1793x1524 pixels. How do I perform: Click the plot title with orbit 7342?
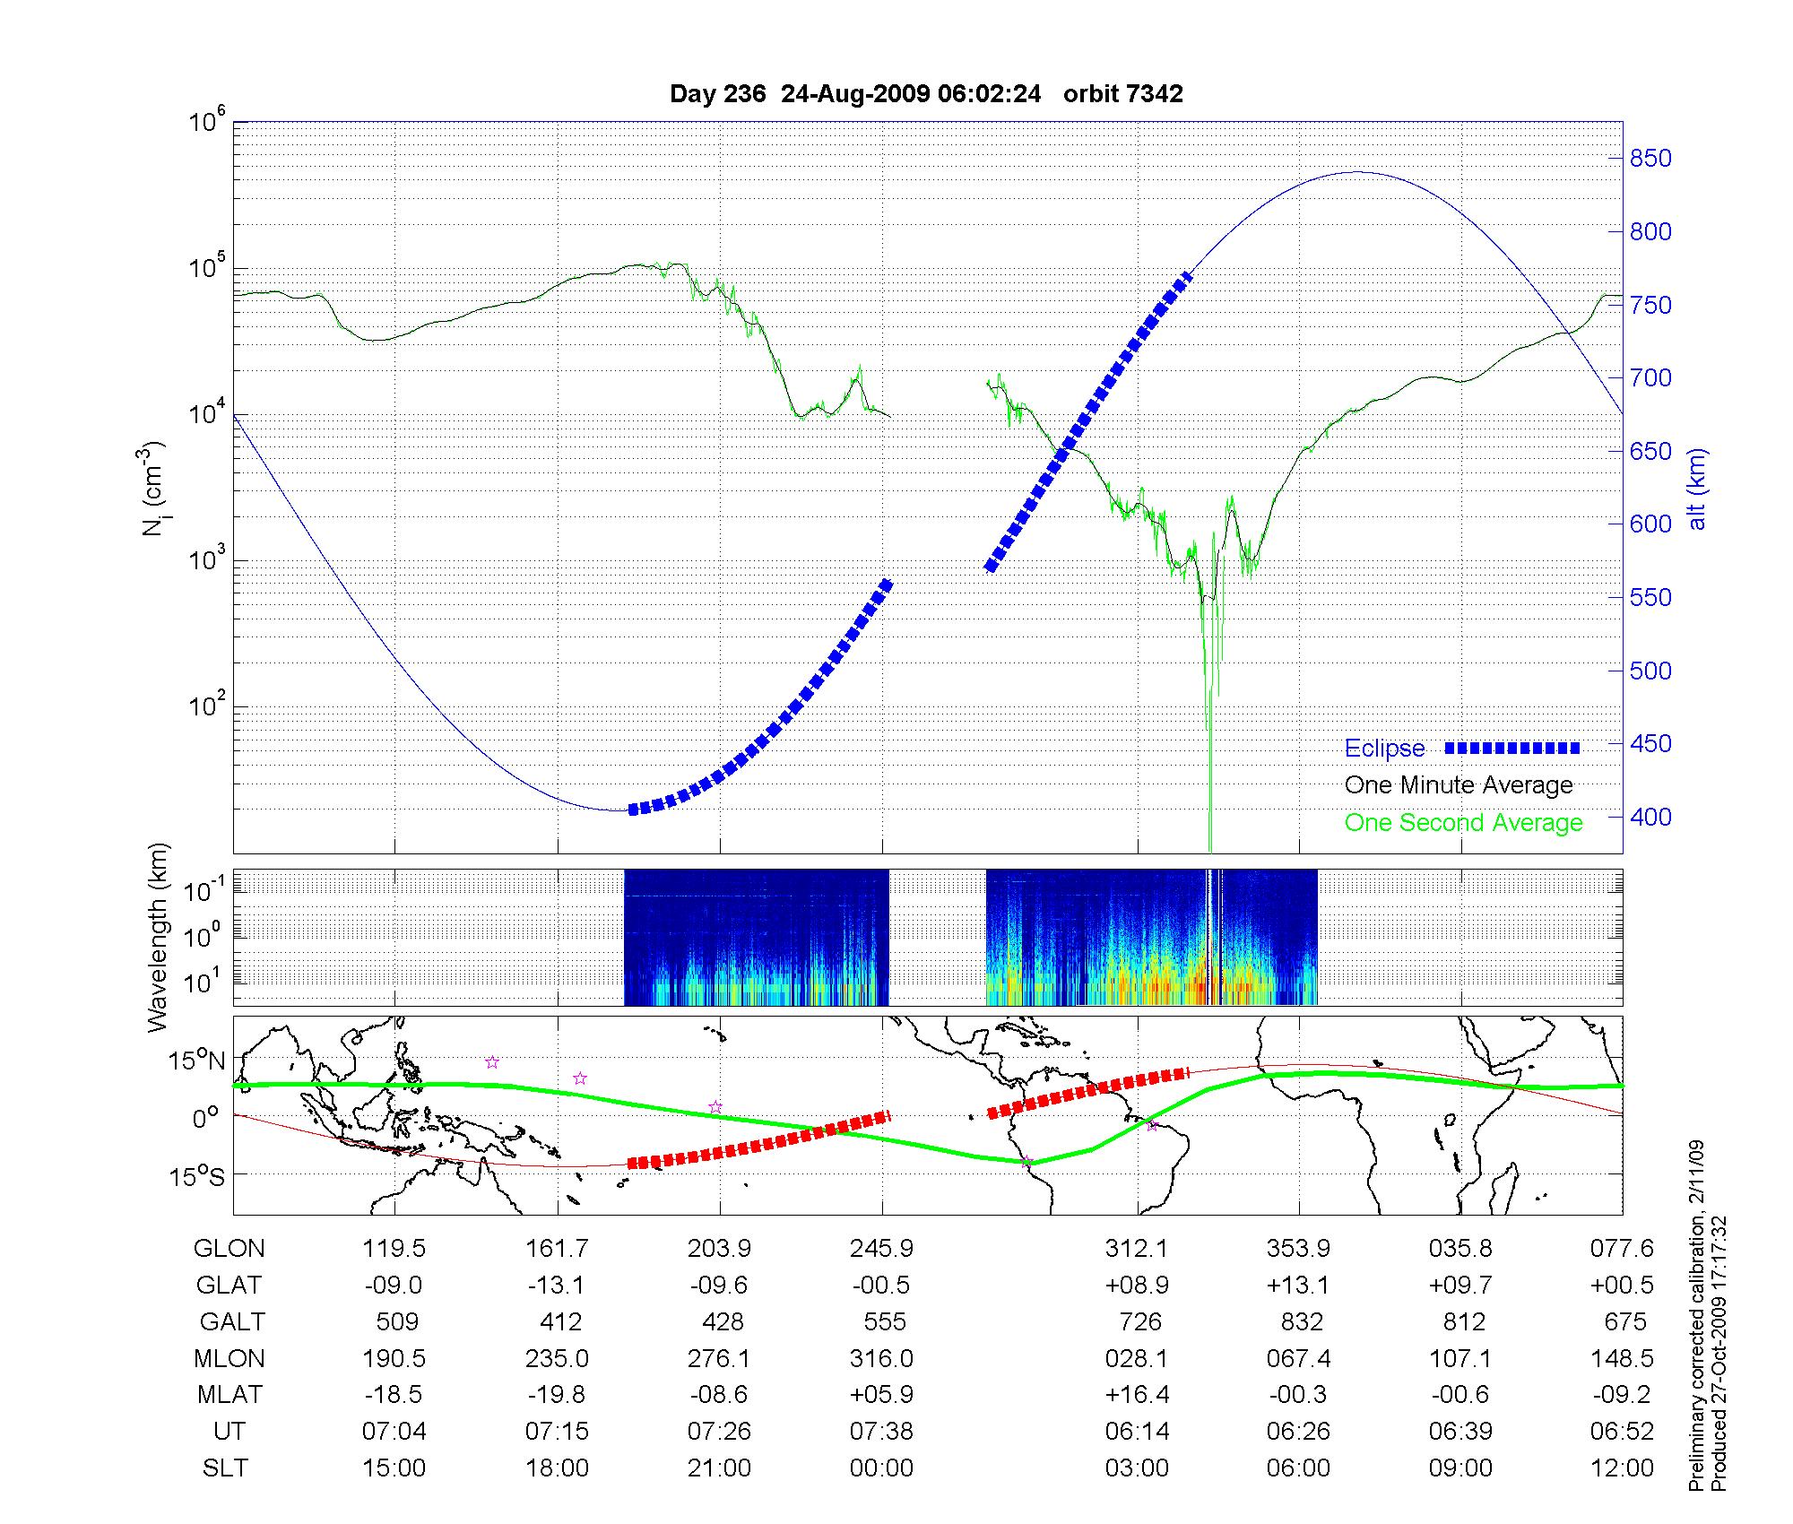(926, 94)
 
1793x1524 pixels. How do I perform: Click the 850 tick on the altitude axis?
(1650, 159)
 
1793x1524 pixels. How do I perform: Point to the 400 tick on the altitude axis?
(1650, 817)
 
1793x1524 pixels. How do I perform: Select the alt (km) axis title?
(1697, 489)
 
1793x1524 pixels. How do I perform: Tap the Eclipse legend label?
(1384, 749)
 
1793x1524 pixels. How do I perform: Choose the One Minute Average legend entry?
(1459, 785)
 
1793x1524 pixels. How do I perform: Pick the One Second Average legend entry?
(1463, 823)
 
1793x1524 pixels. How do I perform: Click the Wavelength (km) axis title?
(158, 937)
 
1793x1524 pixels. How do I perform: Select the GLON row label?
(230, 1248)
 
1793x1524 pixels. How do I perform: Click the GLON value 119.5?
(394, 1248)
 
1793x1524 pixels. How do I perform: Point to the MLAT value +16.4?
(1137, 1395)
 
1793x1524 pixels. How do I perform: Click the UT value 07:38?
(881, 1432)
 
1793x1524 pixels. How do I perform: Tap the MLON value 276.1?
(718, 1358)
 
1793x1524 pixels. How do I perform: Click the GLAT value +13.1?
(1298, 1285)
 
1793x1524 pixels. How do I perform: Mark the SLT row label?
(225, 1468)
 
